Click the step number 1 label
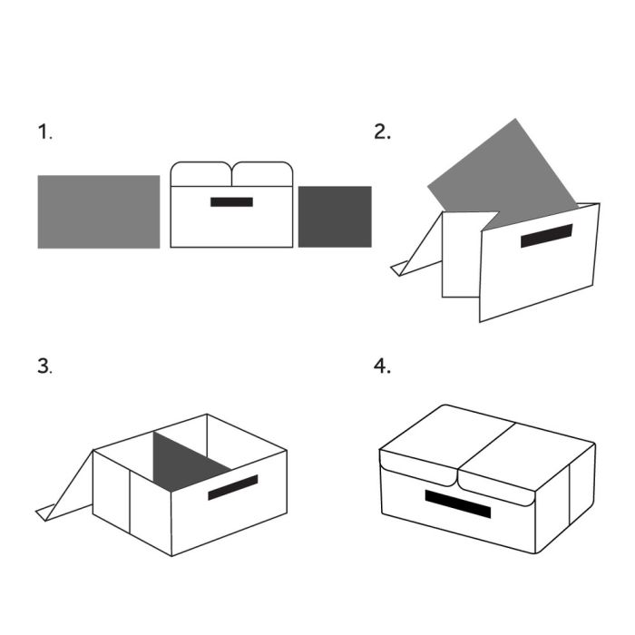point(44,132)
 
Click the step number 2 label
point(382,132)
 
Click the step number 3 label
point(44,366)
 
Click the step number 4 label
point(382,366)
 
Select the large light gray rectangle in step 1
point(99,211)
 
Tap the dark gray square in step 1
point(335,217)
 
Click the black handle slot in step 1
point(231,202)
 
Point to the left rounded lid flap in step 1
point(200,174)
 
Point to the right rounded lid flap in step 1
point(262,174)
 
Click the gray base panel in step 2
point(503,174)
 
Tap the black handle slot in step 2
point(547,236)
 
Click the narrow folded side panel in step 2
point(462,254)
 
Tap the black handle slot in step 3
point(233,487)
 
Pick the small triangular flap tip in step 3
point(45,513)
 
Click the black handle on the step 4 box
point(457,503)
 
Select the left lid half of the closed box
point(447,442)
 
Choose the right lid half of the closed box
point(526,462)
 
